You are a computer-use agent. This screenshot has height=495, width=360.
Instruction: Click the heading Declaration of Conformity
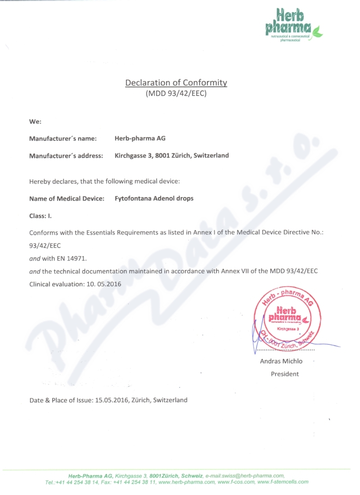click(176, 83)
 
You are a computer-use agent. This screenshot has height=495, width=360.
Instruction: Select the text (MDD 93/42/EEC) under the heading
click(176, 94)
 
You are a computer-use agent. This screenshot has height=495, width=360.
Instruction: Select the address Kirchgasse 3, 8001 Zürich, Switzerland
click(172, 156)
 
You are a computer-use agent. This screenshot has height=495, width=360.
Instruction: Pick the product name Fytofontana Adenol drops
click(154, 198)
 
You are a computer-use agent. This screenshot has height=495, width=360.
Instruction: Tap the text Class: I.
click(40, 216)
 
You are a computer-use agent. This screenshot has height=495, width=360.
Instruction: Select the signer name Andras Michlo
click(281, 361)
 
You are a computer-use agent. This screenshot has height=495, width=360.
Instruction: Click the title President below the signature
click(284, 374)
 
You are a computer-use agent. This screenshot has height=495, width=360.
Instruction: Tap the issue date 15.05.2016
click(112, 400)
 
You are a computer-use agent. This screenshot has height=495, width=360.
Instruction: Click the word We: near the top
click(35, 121)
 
